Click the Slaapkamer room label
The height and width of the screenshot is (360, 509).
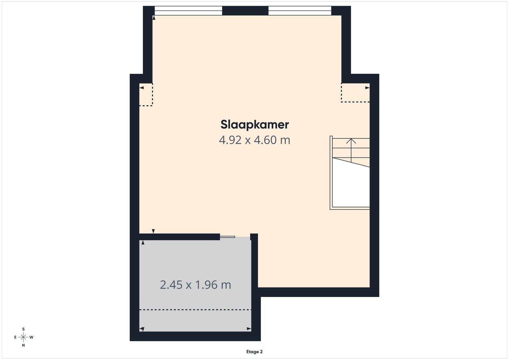coord(254,125)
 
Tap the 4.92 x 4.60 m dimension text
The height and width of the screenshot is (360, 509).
coord(254,140)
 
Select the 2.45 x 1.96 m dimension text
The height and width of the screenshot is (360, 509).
coord(195,285)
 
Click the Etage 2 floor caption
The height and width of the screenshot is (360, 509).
coord(254,352)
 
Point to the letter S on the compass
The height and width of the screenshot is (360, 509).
coord(23,329)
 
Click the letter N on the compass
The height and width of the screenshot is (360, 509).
coord(23,345)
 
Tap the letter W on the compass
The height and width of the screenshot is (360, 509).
coord(31,337)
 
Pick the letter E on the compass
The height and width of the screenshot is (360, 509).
coord(16,337)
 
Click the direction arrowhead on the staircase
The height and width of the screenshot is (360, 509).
coord(351,141)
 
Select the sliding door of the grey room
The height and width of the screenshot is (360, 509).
coord(227,237)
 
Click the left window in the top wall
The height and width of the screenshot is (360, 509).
coord(188,11)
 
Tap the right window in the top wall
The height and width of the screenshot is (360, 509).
coord(300,11)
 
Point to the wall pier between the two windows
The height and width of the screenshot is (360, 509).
coord(245,11)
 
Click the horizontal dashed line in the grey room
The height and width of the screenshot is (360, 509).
coord(195,309)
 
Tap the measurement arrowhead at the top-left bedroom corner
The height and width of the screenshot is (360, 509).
coord(154,18)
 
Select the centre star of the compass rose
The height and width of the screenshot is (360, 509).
coord(23,337)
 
